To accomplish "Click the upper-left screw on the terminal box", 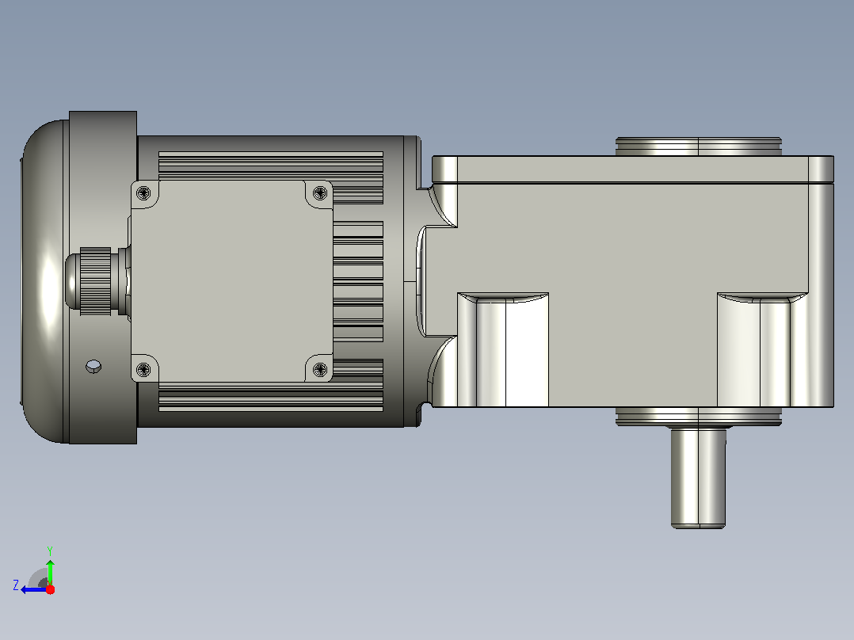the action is [144, 192].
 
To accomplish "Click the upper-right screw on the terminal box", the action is [320, 192].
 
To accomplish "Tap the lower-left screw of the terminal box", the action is [144, 371].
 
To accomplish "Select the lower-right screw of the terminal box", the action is [320, 371].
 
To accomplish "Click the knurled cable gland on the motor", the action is [95, 281].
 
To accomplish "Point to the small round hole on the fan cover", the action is [93, 366].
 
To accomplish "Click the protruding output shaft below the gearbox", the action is [698, 478].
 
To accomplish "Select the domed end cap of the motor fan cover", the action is [44, 281].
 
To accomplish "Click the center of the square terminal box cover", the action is [231, 281].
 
